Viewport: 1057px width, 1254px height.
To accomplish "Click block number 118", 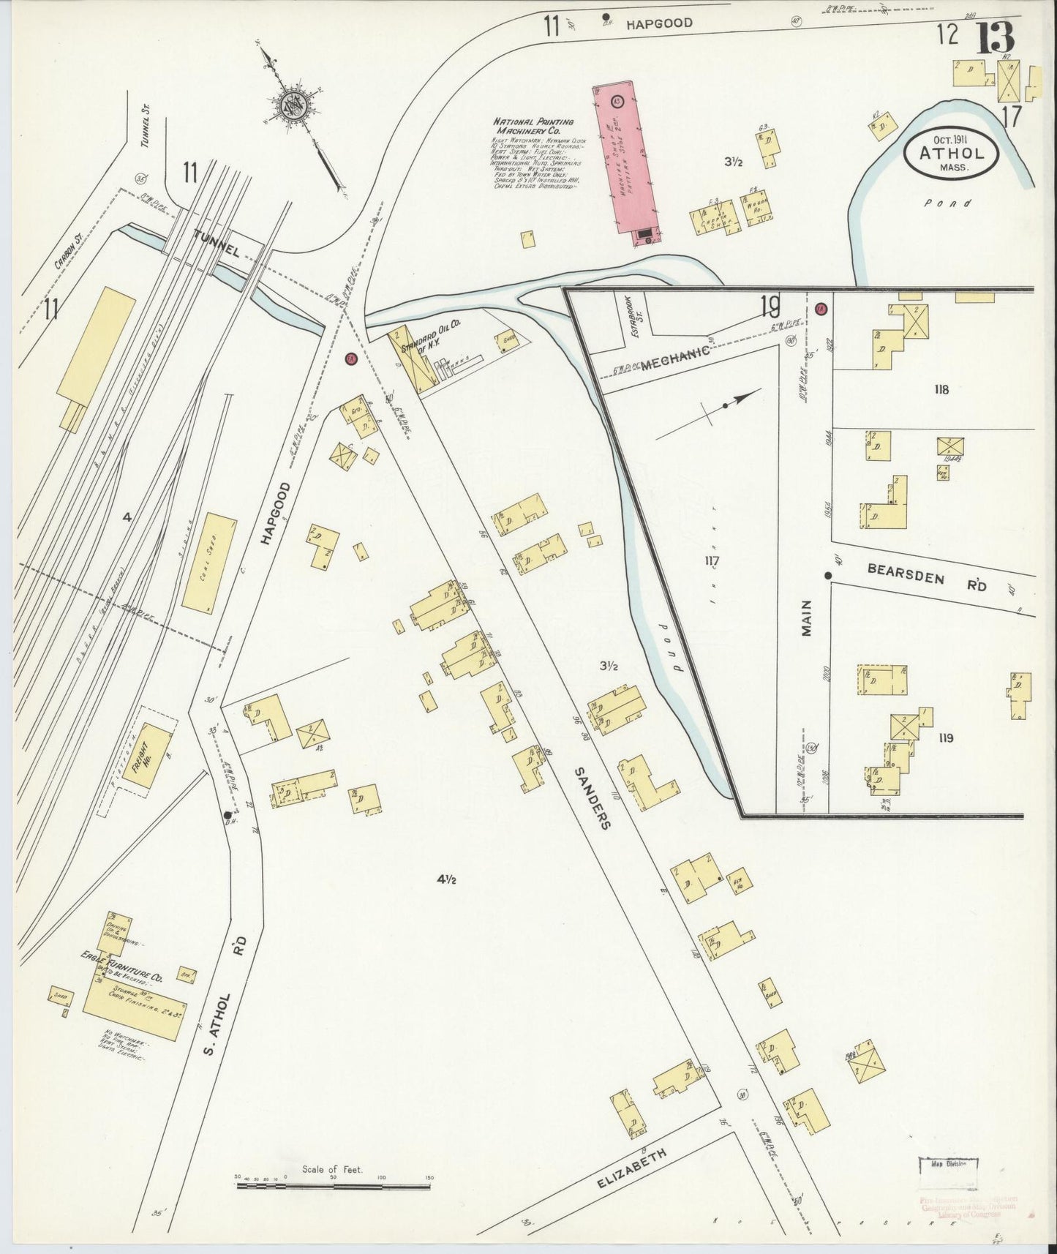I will (x=941, y=389).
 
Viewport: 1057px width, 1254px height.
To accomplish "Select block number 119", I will (x=945, y=738).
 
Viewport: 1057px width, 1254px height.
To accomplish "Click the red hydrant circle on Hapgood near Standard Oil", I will (x=351, y=358).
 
